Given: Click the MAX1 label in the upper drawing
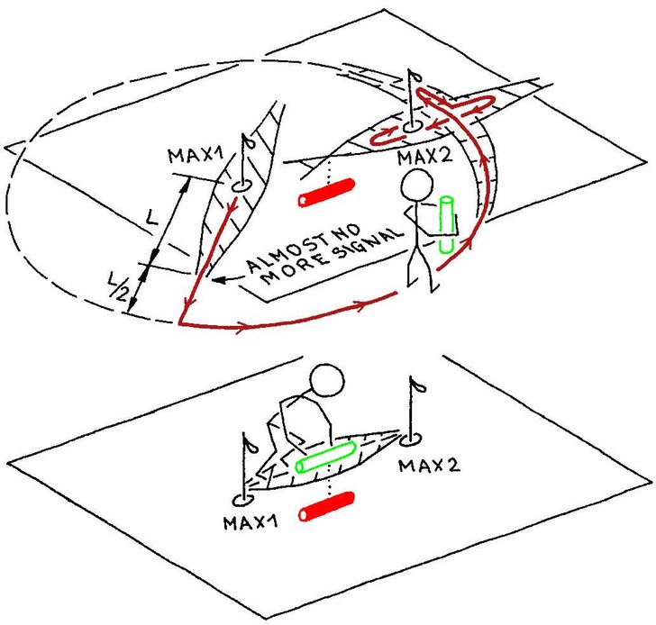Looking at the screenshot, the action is click(x=196, y=156).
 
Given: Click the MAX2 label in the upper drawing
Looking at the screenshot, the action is click(x=424, y=158).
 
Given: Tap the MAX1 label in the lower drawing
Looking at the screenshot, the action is click(x=251, y=522).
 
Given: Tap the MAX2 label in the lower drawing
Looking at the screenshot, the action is click(x=429, y=466).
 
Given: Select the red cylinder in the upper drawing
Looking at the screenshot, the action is click(x=327, y=193).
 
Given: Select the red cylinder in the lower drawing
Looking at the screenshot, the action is click(x=327, y=506).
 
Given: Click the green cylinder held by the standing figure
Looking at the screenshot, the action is click(x=447, y=224).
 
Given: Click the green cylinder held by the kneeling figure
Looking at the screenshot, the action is click(x=326, y=457).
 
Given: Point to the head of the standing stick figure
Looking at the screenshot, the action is click(x=416, y=185).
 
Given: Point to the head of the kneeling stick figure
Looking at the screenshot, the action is click(x=327, y=380).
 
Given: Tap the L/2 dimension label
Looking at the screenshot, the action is click(x=118, y=286).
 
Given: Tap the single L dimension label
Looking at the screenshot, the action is click(x=151, y=217).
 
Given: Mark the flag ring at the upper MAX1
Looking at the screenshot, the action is click(x=240, y=186).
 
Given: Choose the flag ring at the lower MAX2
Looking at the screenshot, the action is click(x=410, y=439).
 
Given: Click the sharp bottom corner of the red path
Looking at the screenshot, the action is click(x=179, y=323).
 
